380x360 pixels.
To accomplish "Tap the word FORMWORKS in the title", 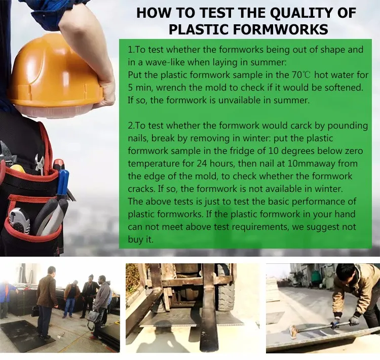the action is click(281, 29).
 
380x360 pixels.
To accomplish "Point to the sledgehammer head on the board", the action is click(294, 332).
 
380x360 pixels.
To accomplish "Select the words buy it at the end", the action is click(140, 239).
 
